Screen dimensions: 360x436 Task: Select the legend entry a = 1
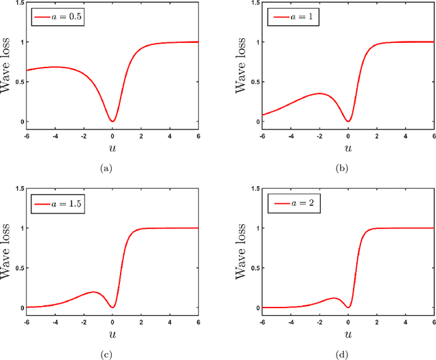(x=287, y=16)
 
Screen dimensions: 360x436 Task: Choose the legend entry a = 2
(x=287, y=202)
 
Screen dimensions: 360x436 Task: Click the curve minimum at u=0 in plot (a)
(x=112, y=121)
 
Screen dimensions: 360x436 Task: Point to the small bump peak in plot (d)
(x=334, y=298)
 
